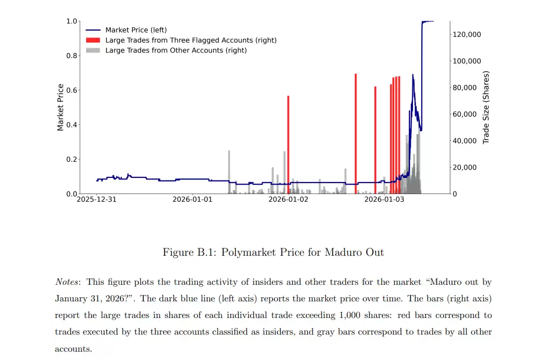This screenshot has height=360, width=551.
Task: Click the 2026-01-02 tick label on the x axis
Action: coord(288,199)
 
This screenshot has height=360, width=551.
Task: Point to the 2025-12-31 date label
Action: coord(97,199)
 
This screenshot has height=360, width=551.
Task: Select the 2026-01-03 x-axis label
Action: coord(384,199)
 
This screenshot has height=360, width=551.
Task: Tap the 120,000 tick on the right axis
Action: coord(467,34)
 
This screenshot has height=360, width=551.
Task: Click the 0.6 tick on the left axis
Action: coord(72,90)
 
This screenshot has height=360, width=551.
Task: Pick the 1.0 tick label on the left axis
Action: coord(72,21)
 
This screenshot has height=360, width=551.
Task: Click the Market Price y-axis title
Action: coord(61,107)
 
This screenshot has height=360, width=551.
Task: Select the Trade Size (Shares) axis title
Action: coord(486,107)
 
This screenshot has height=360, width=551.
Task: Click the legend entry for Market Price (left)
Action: coord(136,30)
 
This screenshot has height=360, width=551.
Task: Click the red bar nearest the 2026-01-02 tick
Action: coord(288,145)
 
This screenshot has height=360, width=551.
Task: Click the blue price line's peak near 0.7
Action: coord(413,75)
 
